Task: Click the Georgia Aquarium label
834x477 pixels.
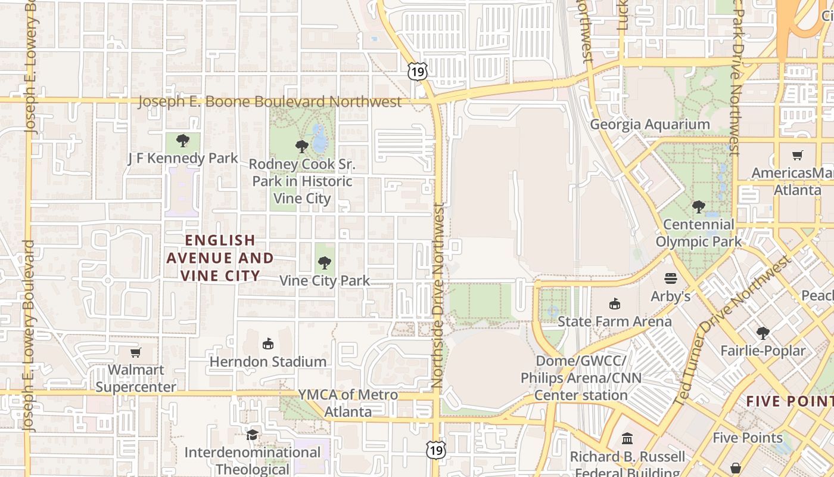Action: coord(650,125)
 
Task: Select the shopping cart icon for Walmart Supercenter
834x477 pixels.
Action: coord(136,352)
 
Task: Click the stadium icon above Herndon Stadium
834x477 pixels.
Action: coord(268,343)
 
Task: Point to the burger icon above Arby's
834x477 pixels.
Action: coord(671,278)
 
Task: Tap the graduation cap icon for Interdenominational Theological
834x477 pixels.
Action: coord(253,435)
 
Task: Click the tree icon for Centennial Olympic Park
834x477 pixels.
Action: coord(699,207)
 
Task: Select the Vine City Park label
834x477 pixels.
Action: coord(325,280)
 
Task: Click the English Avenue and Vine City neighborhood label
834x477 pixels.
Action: coord(220,258)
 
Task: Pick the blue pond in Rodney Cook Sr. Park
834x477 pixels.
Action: coord(319,139)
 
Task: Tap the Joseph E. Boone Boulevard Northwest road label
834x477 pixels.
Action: coord(270,101)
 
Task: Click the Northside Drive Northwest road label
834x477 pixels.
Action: coord(439,296)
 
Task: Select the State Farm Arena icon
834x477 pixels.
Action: coord(614,303)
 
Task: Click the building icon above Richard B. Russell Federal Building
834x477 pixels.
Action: coord(627,439)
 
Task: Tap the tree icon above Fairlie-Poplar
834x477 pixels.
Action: coord(763,333)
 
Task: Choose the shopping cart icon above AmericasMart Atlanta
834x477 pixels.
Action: coord(798,155)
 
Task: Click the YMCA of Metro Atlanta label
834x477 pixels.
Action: coord(348,403)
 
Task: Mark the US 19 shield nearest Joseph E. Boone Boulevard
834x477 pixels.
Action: coord(418,72)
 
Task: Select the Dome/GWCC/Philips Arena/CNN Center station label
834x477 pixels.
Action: coord(581,378)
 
